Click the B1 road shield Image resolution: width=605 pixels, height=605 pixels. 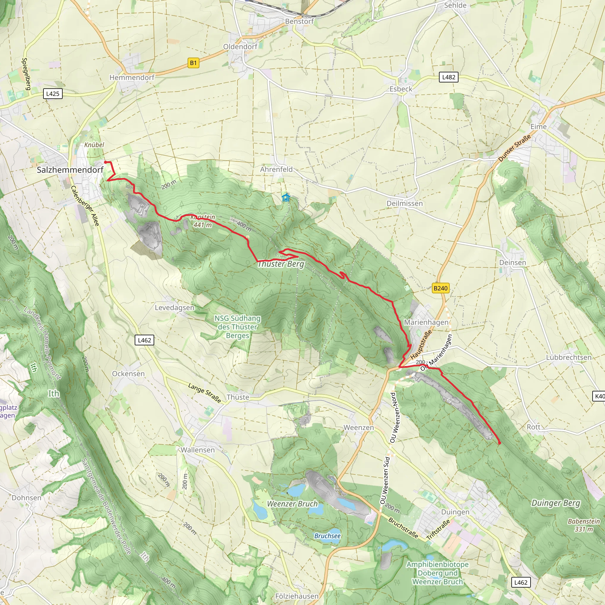tap(193, 63)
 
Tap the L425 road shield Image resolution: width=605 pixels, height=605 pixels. tap(53, 94)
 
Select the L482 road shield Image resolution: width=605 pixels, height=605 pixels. tap(448, 77)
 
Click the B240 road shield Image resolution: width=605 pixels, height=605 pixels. tap(440, 288)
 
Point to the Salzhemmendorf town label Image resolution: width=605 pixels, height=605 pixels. tap(70, 170)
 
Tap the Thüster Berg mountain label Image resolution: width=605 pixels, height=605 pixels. tap(281, 264)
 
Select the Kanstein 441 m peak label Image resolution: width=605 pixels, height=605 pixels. tap(203, 221)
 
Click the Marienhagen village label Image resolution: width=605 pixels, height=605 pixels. tap(426, 322)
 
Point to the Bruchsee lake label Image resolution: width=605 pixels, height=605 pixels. tap(327, 536)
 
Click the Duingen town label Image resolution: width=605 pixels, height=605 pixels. tap(455, 512)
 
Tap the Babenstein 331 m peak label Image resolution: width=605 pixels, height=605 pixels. tap(584, 525)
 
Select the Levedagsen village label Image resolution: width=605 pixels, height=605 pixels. tap(174, 308)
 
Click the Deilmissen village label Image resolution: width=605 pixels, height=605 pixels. tap(405, 204)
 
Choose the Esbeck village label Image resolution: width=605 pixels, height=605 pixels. tap(401, 89)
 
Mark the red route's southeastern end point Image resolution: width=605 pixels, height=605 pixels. tap(499, 443)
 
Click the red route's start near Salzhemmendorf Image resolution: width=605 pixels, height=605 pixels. tap(105, 162)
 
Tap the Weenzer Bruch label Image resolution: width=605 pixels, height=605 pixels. tap(292, 504)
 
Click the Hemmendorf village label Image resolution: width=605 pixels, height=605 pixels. tap(132, 77)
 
